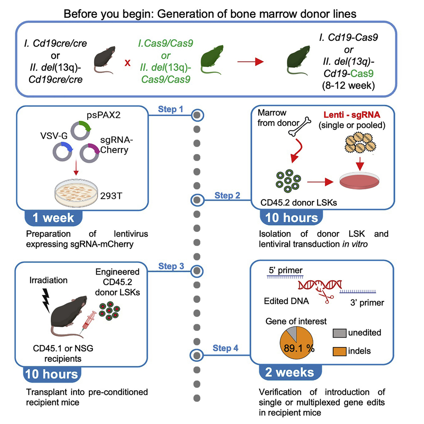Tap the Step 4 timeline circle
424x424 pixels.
point(197,353)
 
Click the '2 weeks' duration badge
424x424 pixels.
point(289,372)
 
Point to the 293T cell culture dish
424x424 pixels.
point(74,193)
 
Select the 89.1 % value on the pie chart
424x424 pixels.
point(298,347)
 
